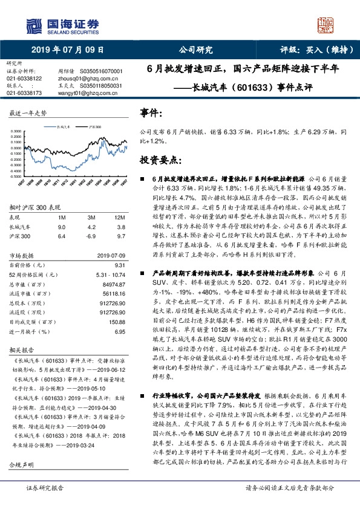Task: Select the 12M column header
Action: pos(119,217)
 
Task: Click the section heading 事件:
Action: pos(151,113)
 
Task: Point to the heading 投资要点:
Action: pos(160,160)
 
